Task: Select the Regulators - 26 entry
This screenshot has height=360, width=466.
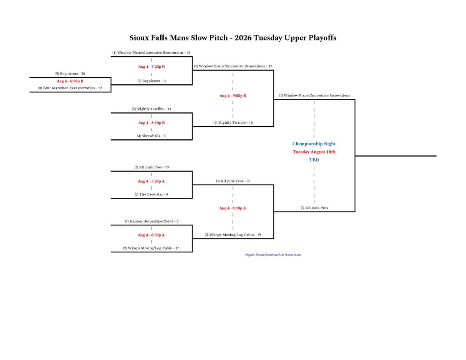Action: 70,74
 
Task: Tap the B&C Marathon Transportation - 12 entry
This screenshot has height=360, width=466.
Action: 70,88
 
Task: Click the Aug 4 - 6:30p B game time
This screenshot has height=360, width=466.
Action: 70,81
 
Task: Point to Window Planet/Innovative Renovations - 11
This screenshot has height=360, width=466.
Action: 151,53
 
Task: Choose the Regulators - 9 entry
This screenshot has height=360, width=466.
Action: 152,81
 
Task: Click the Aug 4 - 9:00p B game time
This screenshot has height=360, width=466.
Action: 233,96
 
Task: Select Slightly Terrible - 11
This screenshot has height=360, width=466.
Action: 152,109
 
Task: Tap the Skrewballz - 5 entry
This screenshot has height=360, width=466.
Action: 152,136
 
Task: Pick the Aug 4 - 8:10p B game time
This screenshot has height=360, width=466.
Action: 151,123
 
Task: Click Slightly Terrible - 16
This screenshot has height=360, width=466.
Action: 233,122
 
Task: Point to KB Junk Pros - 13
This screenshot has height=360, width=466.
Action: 152,167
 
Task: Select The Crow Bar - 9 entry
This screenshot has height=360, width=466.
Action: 152,194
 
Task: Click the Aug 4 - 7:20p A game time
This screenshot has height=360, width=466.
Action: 151,181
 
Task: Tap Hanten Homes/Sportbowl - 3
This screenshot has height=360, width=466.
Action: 152,221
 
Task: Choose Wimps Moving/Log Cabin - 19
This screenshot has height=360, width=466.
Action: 233,235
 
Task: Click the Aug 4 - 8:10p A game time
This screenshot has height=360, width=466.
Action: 233,208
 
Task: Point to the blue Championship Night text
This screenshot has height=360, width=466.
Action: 314,144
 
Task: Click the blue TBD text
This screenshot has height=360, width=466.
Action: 314,160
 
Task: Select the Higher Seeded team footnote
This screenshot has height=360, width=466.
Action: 273,255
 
